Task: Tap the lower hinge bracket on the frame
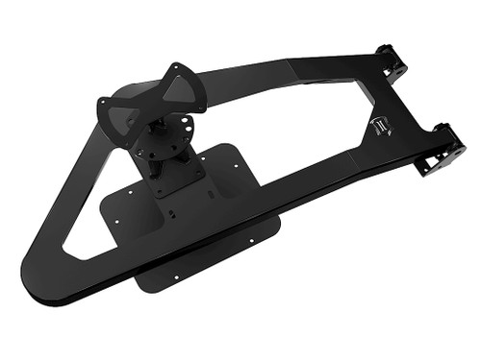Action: click(x=441, y=149)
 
